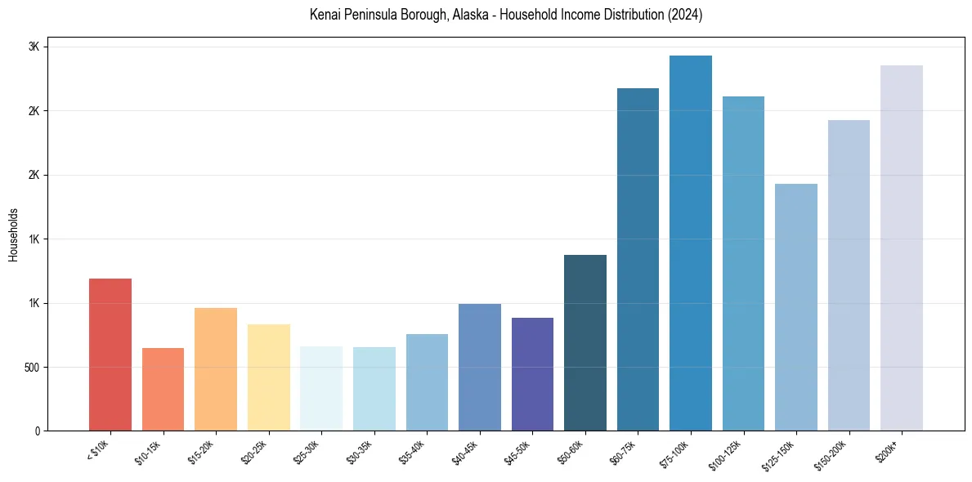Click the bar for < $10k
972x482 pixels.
click(110, 355)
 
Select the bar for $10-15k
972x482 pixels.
click(163, 390)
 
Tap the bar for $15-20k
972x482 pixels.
click(216, 369)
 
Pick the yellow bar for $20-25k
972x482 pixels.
click(268, 377)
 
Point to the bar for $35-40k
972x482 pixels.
click(427, 382)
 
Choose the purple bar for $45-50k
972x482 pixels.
click(532, 374)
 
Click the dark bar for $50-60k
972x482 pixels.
click(585, 343)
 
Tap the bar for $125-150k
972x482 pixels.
click(796, 307)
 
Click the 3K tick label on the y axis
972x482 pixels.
click(34, 47)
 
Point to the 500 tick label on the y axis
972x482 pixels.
click(31, 368)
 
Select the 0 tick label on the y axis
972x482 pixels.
click(37, 431)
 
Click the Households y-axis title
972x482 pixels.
click(14, 234)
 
